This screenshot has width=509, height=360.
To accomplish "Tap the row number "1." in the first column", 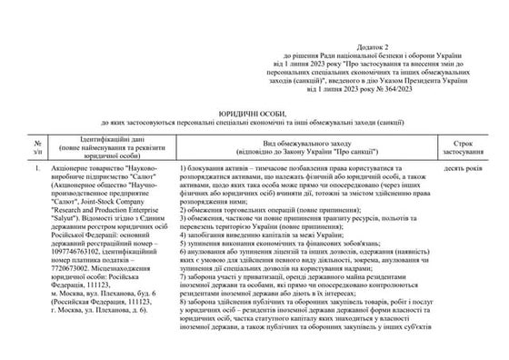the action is (35, 170).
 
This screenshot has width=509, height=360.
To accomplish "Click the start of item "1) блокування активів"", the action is (218, 170).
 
